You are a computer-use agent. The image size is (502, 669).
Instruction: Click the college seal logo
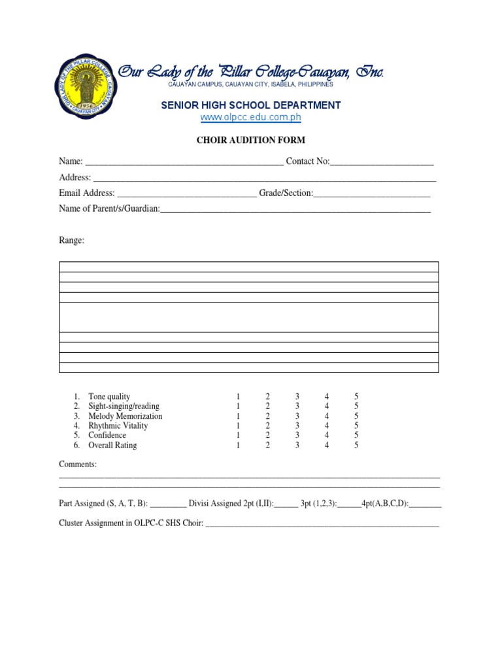pos(86,88)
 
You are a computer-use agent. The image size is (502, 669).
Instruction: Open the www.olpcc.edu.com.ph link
pos(250,118)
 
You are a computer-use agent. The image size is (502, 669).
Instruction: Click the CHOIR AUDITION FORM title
pos(251,140)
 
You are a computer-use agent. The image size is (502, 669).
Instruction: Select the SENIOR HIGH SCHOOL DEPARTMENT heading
pos(251,105)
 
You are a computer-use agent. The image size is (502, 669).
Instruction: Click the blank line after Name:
pos(184,162)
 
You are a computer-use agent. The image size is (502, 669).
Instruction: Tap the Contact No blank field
pos(382,162)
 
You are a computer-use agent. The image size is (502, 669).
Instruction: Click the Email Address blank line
pos(187,194)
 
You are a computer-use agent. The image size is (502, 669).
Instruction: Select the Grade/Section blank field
pos(372,194)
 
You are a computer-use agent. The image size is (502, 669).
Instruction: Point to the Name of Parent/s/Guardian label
pos(109,209)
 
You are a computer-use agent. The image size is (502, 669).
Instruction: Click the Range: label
pos(71,240)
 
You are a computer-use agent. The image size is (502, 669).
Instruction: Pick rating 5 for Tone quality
pos(356,397)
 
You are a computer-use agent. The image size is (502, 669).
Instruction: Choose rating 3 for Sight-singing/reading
pos(297,406)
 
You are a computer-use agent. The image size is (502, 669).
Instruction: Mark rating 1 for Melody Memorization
pos(238,416)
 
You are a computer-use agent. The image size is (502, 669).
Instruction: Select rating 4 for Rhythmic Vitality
pos(327,426)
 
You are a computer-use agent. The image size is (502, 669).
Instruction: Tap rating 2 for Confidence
pos(267,436)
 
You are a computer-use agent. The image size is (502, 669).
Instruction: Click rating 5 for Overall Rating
pos(356,446)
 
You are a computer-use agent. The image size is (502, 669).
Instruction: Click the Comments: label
pos(78,464)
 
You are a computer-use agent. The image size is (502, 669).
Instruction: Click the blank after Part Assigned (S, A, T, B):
pos(168,504)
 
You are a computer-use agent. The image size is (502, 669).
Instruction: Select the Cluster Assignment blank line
pos(322,524)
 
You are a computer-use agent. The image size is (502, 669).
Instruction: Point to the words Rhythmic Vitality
pos(118,426)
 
